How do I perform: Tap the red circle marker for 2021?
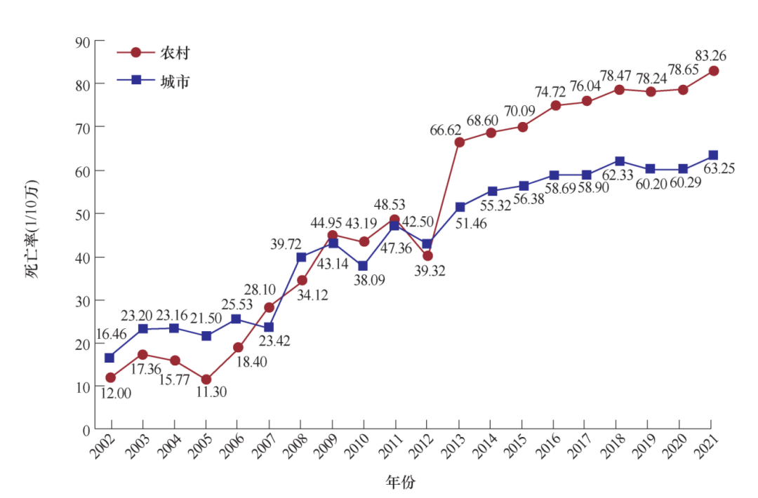coord(713,71)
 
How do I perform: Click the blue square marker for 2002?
coord(110,358)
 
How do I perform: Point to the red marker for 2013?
coord(460,142)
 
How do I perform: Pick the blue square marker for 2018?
coord(620,161)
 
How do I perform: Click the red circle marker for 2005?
coord(206,379)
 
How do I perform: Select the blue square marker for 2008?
coord(301,257)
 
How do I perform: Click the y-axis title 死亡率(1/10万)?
coord(33,230)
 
